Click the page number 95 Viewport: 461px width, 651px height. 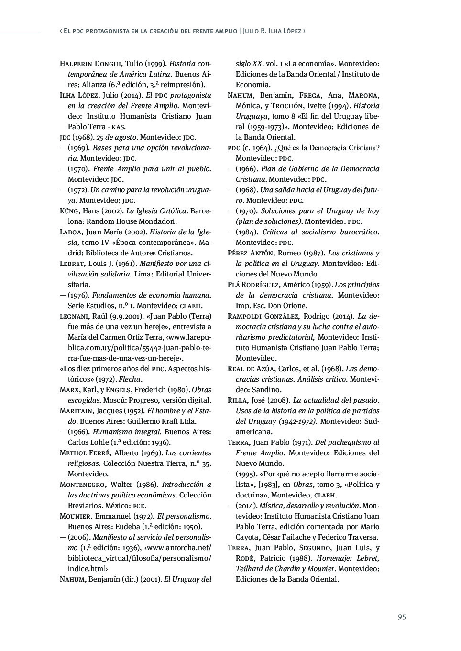[402, 617]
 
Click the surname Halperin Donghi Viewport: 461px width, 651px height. [91, 64]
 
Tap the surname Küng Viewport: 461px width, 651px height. [69, 211]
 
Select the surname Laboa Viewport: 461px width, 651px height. [71, 232]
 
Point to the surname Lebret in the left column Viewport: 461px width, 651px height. [72, 264]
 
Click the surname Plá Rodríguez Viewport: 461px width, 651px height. [254, 285]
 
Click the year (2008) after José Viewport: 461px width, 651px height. [279, 400]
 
